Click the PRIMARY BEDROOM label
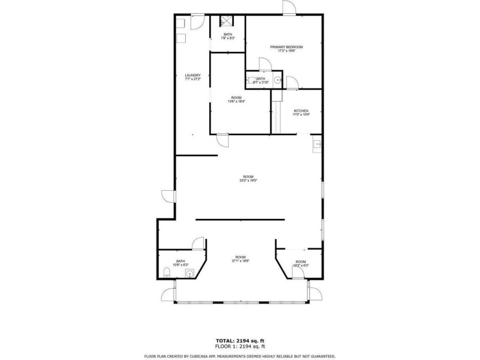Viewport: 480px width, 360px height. [x=286, y=47]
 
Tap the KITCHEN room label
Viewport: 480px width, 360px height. [x=301, y=110]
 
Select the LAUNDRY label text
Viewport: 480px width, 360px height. [x=193, y=75]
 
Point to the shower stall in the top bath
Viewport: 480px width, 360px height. [x=227, y=22]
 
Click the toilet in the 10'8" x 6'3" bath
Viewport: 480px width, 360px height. [x=165, y=272]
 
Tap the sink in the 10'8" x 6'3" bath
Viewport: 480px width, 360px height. [x=189, y=273]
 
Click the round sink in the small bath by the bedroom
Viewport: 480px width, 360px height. [x=278, y=81]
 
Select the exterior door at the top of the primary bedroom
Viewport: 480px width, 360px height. [x=289, y=7]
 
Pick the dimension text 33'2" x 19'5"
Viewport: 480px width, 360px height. [x=248, y=181]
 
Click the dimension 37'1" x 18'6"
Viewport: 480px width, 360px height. [x=241, y=261]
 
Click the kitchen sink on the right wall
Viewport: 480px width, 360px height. [x=317, y=145]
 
